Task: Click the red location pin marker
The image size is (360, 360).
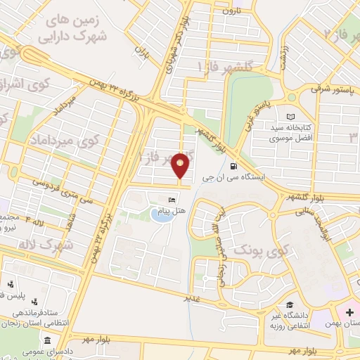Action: [181, 166]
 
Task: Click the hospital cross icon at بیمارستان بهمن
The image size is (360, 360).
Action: [349, 311]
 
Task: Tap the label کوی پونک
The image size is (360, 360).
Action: [251, 250]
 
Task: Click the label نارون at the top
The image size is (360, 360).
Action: [231, 11]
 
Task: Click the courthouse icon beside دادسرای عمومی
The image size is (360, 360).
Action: [47, 340]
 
